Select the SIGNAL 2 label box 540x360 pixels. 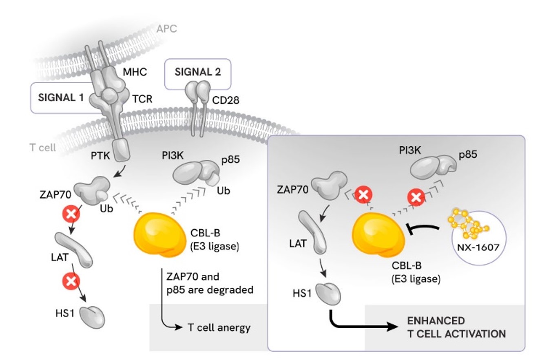197,73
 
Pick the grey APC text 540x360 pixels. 167,29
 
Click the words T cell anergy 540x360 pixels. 219,327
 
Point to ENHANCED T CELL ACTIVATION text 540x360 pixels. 456,327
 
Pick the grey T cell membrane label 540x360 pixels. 43,147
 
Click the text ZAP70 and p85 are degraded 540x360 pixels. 209,283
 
